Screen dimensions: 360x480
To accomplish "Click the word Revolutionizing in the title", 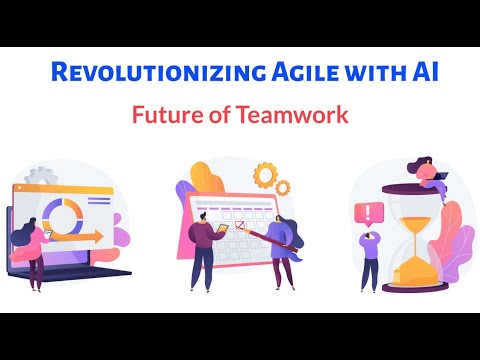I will pyautogui.click(x=136, y=73).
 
